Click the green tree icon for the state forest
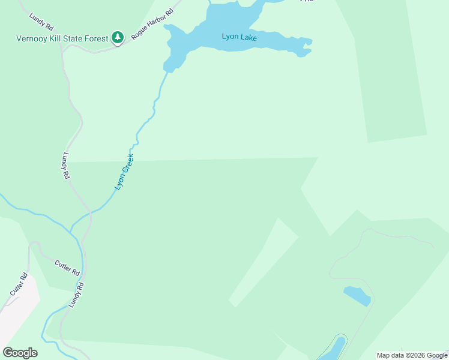point(118,38)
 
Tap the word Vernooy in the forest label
point(32,38)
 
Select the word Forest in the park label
point(97,38)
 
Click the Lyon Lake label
point(240,37)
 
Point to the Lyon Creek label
point(124,173)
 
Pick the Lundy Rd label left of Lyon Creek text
point(65,166)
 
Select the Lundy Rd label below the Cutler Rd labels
point(75,295)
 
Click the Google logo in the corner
point(20,353)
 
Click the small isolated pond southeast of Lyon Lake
point(357,296)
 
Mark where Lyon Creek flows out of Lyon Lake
point(169,71)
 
